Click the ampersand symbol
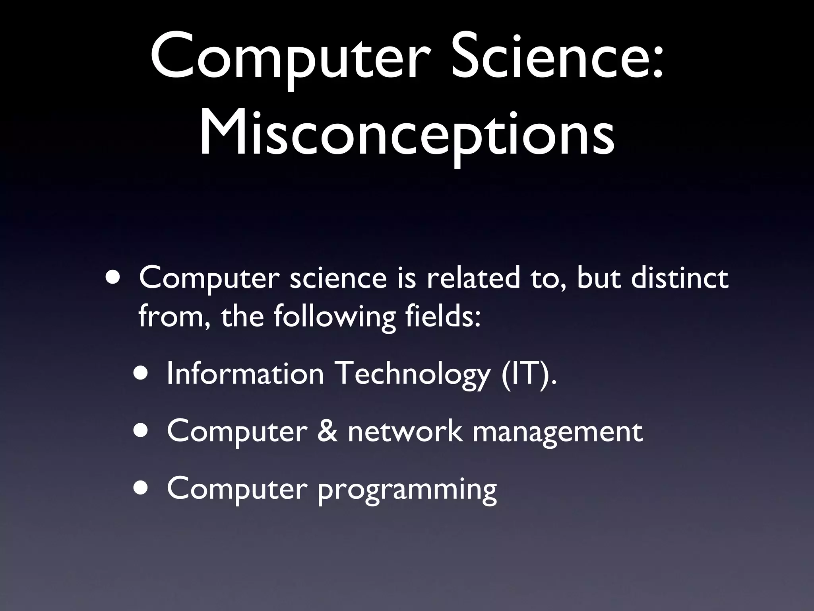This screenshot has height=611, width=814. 328,431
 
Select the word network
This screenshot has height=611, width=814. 405,431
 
